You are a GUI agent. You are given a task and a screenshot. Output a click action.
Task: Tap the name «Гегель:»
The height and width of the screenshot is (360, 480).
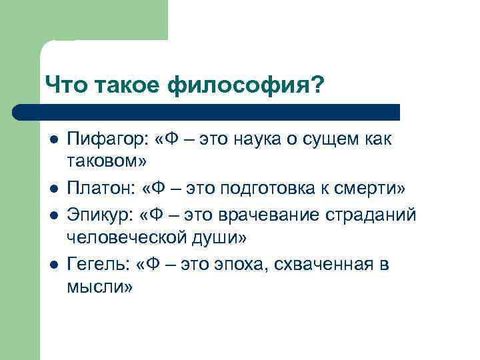point(95,264)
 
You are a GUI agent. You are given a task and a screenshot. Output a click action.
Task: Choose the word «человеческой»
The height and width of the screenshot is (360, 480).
point(124,239)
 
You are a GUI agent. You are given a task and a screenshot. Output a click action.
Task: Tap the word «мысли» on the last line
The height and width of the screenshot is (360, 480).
point(96,289)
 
